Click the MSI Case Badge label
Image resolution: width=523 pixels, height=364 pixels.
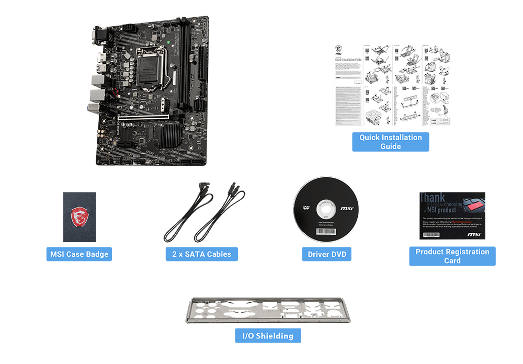point(79,254)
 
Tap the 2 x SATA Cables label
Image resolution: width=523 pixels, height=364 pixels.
point(201,254)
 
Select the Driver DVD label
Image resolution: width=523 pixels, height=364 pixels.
point(326,254)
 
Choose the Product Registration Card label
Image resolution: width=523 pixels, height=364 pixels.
point(452,256)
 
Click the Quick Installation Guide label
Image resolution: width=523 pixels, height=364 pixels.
point(390,142)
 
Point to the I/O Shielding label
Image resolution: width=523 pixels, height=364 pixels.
point(268,335)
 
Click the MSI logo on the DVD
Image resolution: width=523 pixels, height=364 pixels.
point(346,209)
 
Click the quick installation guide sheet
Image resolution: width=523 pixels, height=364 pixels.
point(392,85)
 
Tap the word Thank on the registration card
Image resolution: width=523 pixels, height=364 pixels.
point(433,198)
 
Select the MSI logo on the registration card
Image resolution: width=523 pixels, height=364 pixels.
point(473,235)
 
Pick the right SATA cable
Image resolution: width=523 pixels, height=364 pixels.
point(220,214)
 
